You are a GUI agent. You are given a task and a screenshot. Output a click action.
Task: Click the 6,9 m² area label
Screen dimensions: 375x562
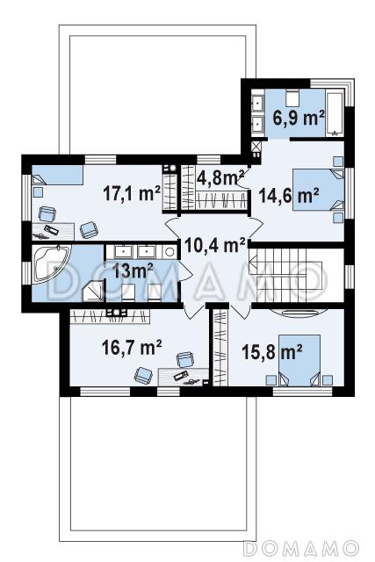(299, 118)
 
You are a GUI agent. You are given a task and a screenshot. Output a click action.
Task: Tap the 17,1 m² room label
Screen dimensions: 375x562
(131, 194)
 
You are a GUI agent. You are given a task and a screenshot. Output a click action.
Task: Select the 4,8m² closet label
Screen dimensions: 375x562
(220, 177)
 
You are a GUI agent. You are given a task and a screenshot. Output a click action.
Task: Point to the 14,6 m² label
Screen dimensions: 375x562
(289, 196)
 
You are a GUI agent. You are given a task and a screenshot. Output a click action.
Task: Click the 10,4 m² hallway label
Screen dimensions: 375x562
(215, 246)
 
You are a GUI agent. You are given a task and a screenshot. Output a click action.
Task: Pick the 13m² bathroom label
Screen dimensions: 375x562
(133, 270)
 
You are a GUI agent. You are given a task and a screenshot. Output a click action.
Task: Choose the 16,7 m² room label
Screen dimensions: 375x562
(132, 348)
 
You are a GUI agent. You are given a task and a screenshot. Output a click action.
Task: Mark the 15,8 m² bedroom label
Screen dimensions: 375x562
(272, 351)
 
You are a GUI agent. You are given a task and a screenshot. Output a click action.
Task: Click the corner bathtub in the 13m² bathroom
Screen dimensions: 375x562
(51, 264)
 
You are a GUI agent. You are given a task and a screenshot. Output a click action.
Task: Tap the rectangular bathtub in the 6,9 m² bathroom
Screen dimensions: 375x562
(335, 114)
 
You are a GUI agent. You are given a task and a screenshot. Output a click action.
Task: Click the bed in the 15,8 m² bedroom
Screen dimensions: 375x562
(299, 360)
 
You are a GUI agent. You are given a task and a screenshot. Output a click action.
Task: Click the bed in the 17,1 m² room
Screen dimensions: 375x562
(57, 175)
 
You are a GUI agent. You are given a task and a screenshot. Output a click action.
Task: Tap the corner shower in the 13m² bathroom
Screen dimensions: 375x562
(93, 291)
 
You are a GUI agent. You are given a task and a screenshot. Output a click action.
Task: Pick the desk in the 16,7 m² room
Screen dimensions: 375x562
(183, 377)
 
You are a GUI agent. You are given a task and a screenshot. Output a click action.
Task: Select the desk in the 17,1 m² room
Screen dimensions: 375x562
(54, 232)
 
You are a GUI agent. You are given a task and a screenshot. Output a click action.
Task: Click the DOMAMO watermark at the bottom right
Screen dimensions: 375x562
(301, 548)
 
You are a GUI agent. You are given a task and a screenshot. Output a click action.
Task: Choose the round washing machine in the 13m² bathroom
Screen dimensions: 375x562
(169, 252)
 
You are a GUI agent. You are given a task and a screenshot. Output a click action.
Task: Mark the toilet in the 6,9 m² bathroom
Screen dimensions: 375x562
(293, 97)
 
